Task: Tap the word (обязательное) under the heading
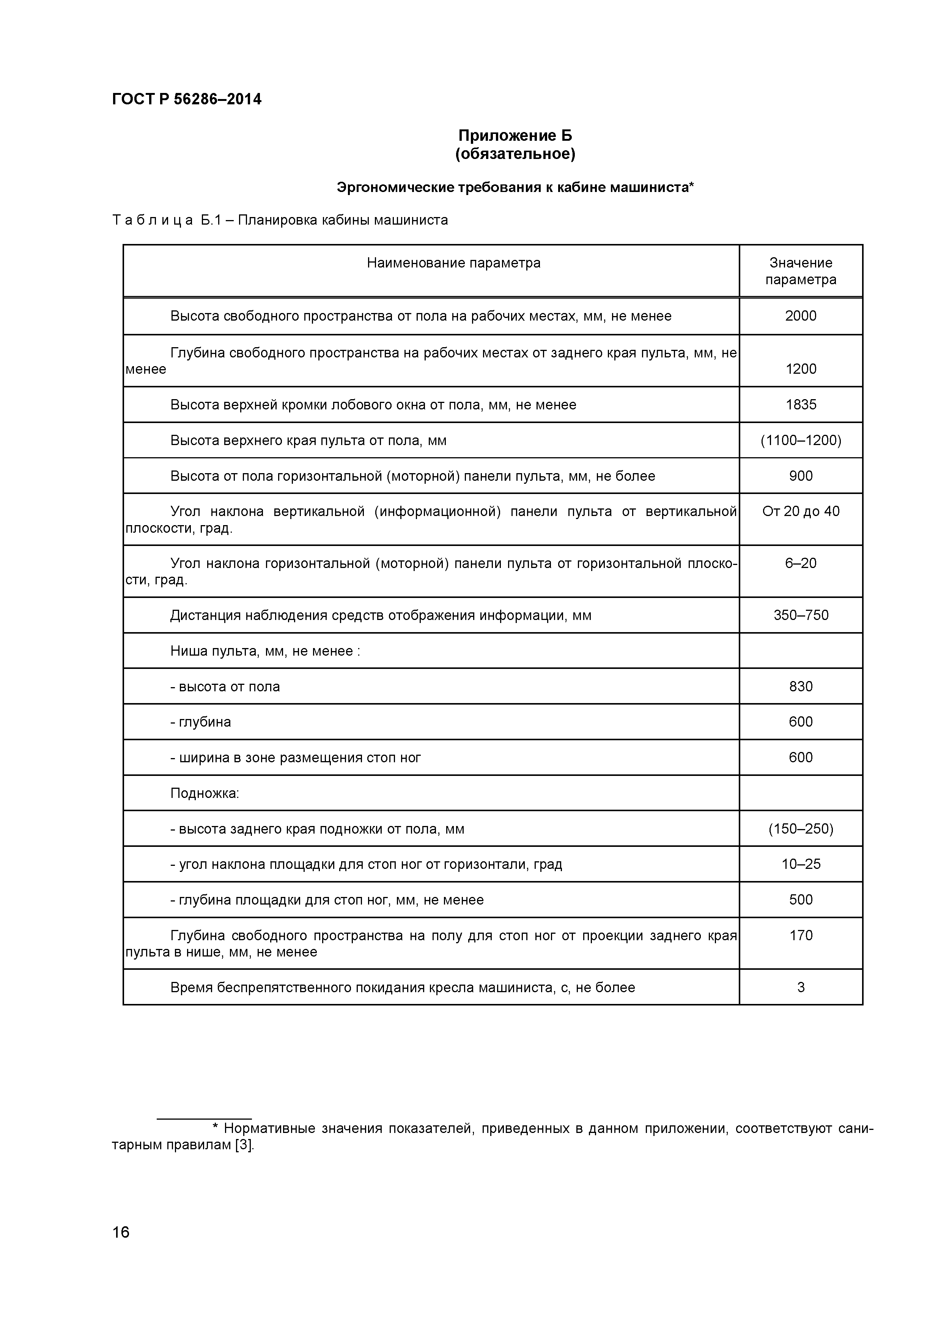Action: click(x=515, y=154)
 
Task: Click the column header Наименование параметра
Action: click(x=453, y=263)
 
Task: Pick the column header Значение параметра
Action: click(x=800, y=271)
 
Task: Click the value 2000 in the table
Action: click(x=800, y=316)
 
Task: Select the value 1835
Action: click(x=800, y=404)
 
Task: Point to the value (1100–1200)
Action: click(x=800, y=441)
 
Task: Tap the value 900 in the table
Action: click(x=800, y=476)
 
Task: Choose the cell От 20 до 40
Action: click(x=800, y=511)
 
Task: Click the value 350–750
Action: click(x=800, y=615)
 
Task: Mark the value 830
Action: click(x=800, y=686)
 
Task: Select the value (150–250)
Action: click(x=800, y=829)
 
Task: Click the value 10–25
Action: click(x=800, y=864)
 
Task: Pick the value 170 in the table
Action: click(x=800, y=936)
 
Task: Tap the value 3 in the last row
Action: click(x=800, y=987)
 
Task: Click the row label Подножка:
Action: click(x=204, y=793)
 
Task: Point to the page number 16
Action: click(x=121, y=1249)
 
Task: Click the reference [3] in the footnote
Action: click(x=244, y=1157)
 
